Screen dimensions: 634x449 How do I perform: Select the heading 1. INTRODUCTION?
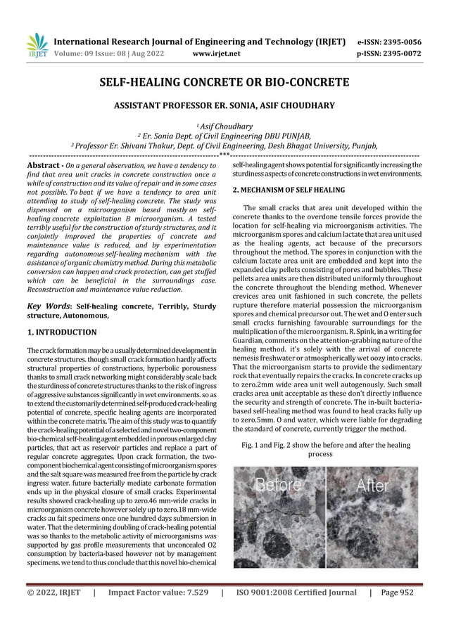(x=61, y=331)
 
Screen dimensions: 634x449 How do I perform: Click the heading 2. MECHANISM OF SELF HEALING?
(x=289, y=190)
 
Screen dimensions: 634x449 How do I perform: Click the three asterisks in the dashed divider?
(x=224, y=153)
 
